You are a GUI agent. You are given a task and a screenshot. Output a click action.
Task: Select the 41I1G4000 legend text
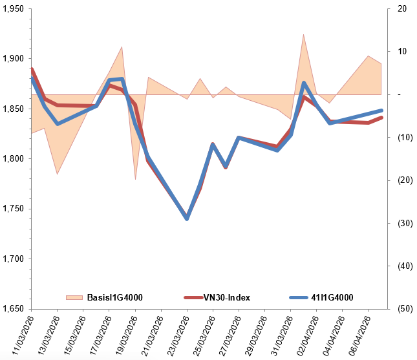coord(332,297)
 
